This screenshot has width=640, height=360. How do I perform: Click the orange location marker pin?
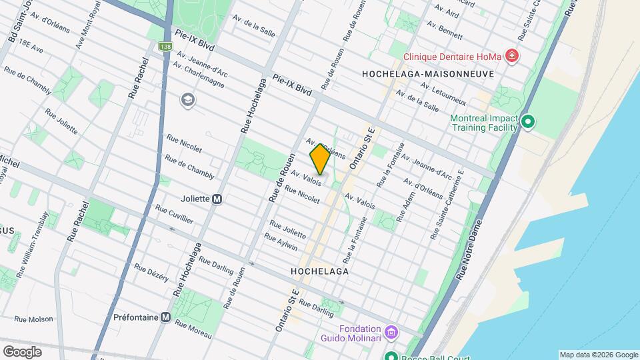[x=320, y=159]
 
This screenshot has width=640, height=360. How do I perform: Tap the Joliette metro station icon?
[x=217, y=199]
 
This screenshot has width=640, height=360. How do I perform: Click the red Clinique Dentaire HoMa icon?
[x=511, y=55]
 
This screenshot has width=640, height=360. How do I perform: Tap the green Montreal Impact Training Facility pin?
[x=528, y=122]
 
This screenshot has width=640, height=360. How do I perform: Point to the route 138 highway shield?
[x=164, y=47]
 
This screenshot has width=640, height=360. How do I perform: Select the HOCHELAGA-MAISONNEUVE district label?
[x=427, y=74]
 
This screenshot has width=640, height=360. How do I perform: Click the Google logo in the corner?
[x=22, y=351]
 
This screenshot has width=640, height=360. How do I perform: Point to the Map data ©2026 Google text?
[x=598, y=355]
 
